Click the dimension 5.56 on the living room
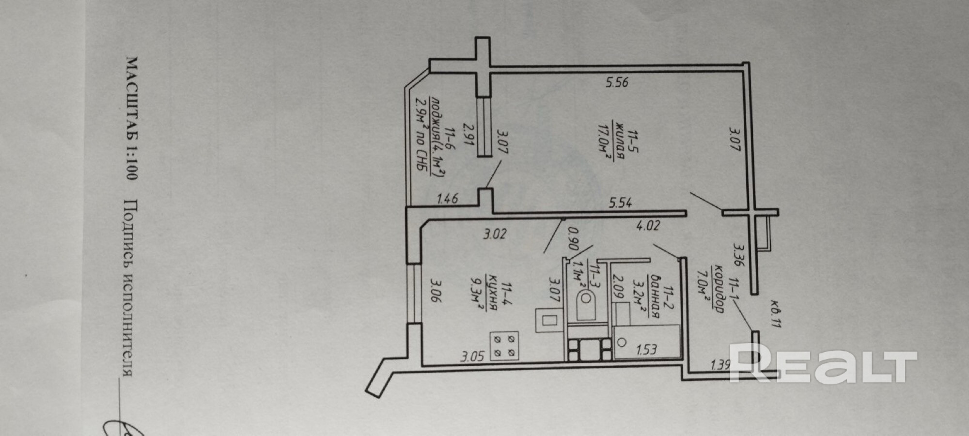point(617,82)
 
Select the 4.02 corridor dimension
point(648,226)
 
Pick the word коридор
point(719,289)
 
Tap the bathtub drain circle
point(621,343)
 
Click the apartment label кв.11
point(775,317)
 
